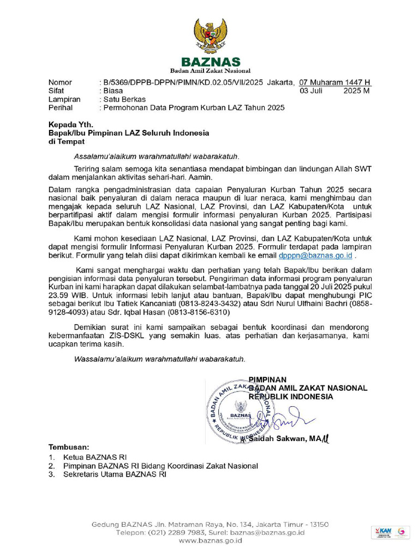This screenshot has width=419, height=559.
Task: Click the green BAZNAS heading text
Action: coord(210,62)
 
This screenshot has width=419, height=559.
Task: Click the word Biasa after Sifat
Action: coord(113,91)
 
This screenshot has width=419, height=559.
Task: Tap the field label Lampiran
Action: coord(64,99)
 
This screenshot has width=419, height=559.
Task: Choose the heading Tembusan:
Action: coord(69,447)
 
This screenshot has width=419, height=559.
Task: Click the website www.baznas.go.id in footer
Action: coord(210,540)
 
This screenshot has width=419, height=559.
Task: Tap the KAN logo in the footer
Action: coord(384,531)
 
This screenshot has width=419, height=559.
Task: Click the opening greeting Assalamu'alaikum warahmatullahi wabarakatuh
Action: coord(157,157)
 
